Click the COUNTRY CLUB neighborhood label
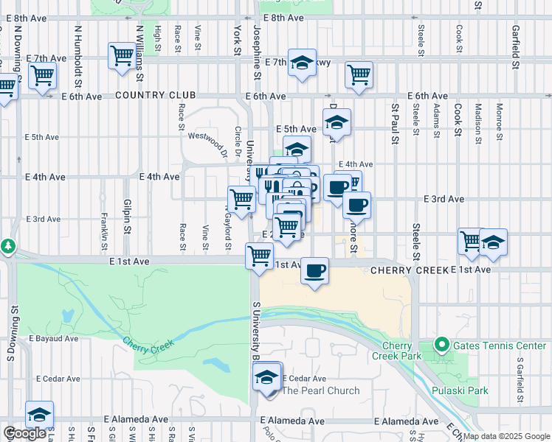(155, 96)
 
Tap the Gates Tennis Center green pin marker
(441, 344)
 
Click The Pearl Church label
(320, 390)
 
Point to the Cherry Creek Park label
(401, 351)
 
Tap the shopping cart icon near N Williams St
(122, 55)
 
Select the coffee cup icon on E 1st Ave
(314, 271)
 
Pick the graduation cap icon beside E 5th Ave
(337, 122)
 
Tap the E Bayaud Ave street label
(53, 339)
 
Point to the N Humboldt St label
(77, 45)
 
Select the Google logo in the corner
(24, 434)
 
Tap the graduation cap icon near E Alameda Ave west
(39, 413)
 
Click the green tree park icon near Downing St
(7, 245)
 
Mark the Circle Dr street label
(238, 142)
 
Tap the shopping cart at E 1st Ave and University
(259, 256)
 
